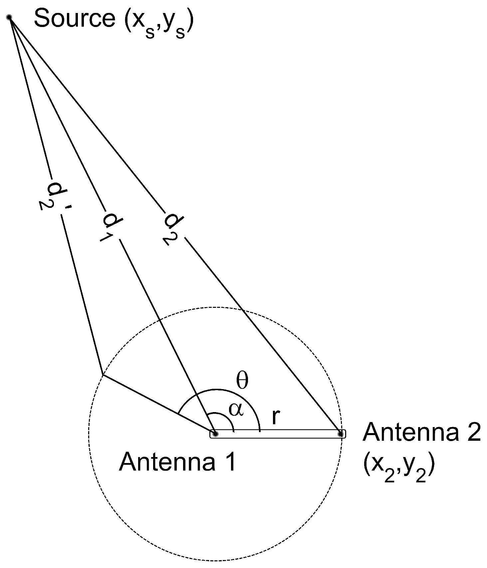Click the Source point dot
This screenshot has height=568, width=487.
pyautogui.click(x=9, y=17)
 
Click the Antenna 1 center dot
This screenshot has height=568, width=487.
pyautogui.click(x=215, y=434)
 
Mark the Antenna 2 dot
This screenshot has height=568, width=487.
pyautogui.click(x=340, y=434)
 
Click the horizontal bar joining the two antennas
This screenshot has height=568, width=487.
pyautogui.click(x=278, y=434)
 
